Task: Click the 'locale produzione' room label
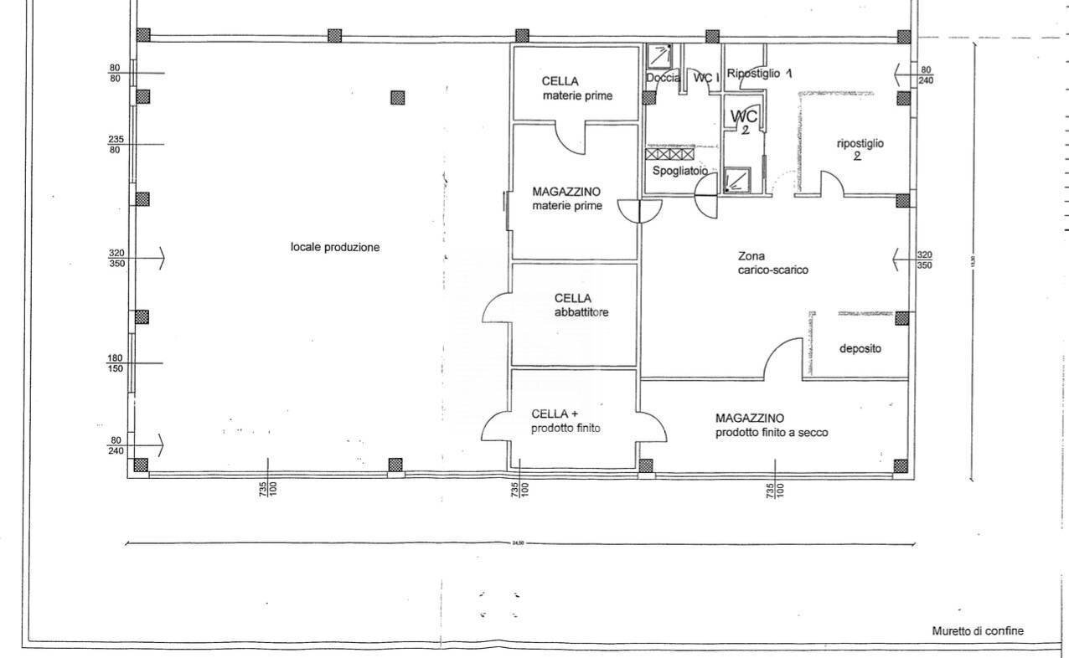pyautogui.click(x=335, y=248)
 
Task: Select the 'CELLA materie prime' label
pyautogui.click(x=576, y=89)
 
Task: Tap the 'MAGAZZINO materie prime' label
pyautogui.click(x=567, y=198)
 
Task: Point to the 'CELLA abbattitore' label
pyautogui.click(x=581, y=306)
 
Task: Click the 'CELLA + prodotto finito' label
pyautogui.click(x=566, y=420)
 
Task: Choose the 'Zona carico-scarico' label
pyautogui.click(x=772, y=263)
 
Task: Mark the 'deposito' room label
pyautogui.click(x=860, y=349)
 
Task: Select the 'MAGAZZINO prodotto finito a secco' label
pyautogui.click(x=772, y=425)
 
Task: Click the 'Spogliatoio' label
pyautogui.click(x=679, y=171)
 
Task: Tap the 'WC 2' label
pyautogui.click(x=744, y=121)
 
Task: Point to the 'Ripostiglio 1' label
pyautogui.click(x=759, y=74)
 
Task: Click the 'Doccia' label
pyautogui.click(x=663, y=78)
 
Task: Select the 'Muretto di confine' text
pyautogui.click(x=978, y=631)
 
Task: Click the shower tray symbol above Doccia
pyautogui.click(x=661, y=55)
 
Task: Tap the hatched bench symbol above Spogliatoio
pyautogui.click(x=670, y=154)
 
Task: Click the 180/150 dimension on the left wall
pyautogui.click(x=115, y=363)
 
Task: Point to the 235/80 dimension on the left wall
pyautogui.click(x=115, y=145)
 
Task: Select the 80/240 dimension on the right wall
pyautogui.click(x=926, y=75)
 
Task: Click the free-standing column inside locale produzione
pyautogui.click(x=397, y=97)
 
